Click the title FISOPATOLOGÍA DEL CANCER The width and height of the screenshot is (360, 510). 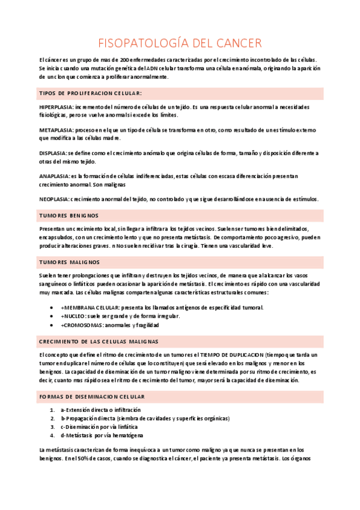(180, 43)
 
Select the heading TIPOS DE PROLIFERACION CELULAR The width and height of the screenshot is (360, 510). (90, 93)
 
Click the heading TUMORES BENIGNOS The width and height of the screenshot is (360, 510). (69, 215)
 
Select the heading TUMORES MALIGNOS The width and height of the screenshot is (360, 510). (70, 262)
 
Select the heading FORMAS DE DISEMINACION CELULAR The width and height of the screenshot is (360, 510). (92, 397)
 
